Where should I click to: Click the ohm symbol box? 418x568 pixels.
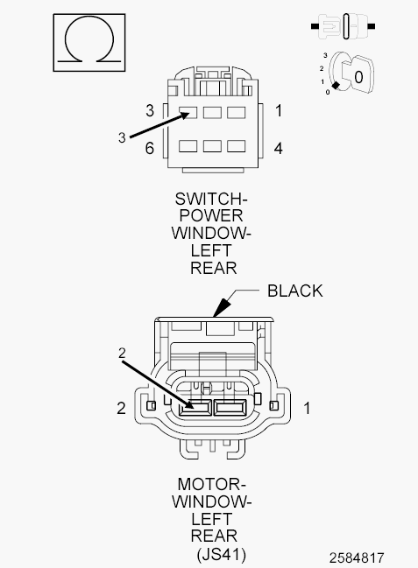89,42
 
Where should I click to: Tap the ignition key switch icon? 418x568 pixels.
348,74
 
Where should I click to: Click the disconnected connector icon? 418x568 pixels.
343,26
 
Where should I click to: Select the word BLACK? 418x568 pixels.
294,291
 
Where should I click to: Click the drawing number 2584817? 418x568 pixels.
357,557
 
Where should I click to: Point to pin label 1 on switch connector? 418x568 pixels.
279,110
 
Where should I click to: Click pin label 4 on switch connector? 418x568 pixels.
278,148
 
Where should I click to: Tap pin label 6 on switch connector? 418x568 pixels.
150,148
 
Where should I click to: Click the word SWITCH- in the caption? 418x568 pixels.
211,199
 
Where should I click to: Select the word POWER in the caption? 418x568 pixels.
211,215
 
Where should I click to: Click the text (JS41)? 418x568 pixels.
221,554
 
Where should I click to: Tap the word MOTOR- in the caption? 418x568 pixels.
211,484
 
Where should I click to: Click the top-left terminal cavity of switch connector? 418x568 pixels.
188,112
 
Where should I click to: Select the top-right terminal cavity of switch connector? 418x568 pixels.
237,112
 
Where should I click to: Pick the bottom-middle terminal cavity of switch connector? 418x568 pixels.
212,146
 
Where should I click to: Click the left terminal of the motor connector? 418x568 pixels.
195,408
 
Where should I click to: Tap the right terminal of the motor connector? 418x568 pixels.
230,408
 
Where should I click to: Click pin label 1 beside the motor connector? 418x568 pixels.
307,408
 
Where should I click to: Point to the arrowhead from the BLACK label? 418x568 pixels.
222,307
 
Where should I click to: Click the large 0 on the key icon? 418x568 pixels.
358,77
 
